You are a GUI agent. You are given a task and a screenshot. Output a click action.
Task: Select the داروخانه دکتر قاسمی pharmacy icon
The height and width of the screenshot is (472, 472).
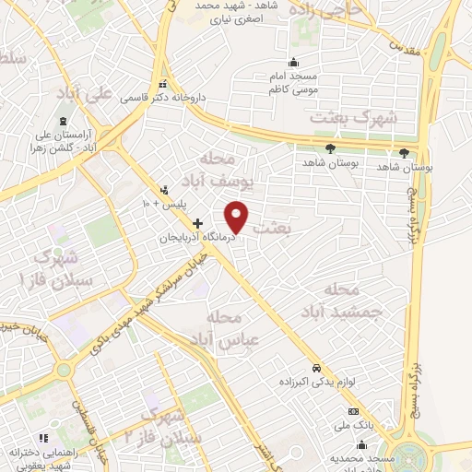click(x=164, y=82)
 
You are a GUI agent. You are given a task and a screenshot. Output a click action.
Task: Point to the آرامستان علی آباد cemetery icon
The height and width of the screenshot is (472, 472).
click(x=64, y=123)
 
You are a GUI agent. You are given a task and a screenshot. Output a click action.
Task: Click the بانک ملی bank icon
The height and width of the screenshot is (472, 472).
click(x=351, y=412)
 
